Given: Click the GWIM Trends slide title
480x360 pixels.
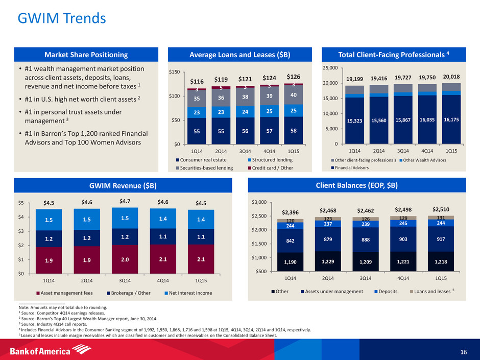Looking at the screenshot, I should click(x=61, y=19).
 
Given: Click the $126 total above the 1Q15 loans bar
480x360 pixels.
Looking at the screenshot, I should click(x=293, y=77).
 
